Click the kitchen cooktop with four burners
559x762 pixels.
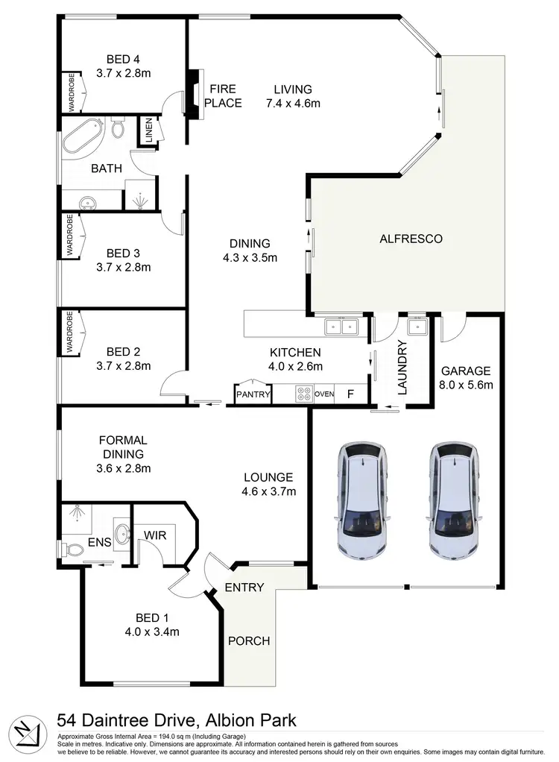303,394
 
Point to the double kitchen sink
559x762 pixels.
342,326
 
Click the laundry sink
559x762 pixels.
417,326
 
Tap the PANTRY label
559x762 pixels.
253,394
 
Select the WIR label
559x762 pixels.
154,535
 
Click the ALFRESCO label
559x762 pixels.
411,239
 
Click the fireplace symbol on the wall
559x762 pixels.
195,94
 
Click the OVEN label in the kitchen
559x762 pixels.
325,394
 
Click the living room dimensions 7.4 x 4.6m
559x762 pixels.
293,103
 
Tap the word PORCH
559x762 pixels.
248,640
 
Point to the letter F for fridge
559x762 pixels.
350,394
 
